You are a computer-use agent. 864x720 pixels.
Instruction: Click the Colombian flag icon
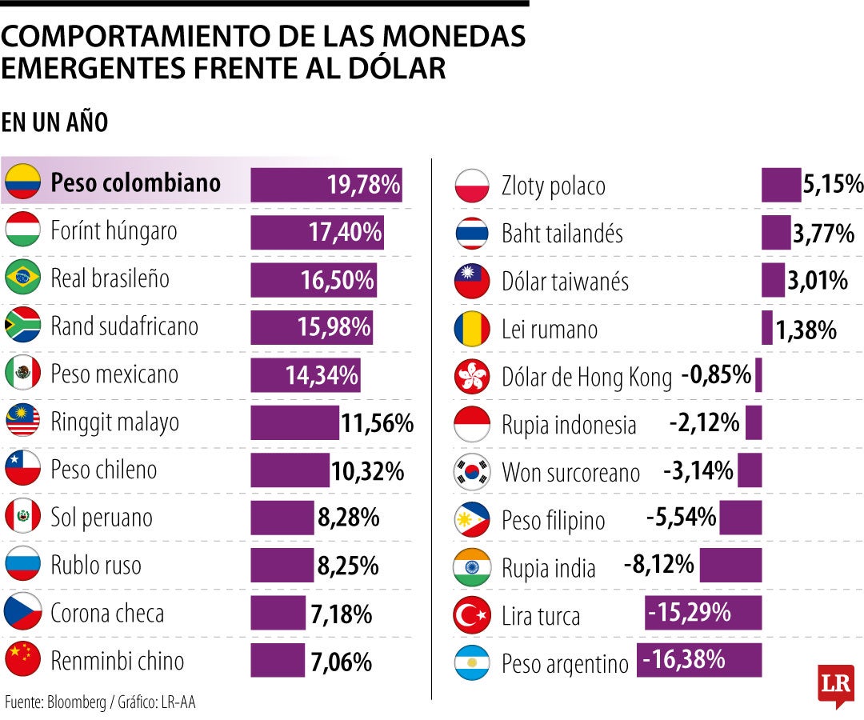point(22,183)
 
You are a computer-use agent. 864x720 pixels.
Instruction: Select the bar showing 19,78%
point(326,185)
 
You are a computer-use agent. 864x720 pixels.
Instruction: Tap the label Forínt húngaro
point(114,232)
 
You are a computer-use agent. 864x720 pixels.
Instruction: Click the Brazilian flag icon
point(22,278)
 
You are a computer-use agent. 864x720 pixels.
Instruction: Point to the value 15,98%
point(335,326)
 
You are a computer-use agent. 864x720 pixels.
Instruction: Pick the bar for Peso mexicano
point(305,374)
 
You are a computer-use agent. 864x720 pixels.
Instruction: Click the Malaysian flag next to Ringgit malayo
point(22,422)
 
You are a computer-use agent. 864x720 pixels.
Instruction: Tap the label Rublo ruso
point(96,566)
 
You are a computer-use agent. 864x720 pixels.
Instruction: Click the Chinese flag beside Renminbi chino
point(22,660)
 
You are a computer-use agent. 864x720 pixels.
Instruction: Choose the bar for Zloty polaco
point(781,185)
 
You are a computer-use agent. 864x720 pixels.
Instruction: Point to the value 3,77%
point(823,234)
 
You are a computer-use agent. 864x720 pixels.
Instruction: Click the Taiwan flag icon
point(471,282)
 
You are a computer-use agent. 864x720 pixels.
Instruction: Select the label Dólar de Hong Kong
point(586,377)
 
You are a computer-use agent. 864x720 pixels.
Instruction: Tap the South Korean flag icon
point(471,472)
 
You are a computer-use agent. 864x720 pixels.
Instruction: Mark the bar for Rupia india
point(730,566)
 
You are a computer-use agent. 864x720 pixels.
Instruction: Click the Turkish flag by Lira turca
point(471,615)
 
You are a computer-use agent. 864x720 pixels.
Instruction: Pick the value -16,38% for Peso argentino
point(685,660)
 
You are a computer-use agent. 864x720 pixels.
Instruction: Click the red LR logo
point(835,684)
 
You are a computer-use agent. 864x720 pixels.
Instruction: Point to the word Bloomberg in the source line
point(76,702)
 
